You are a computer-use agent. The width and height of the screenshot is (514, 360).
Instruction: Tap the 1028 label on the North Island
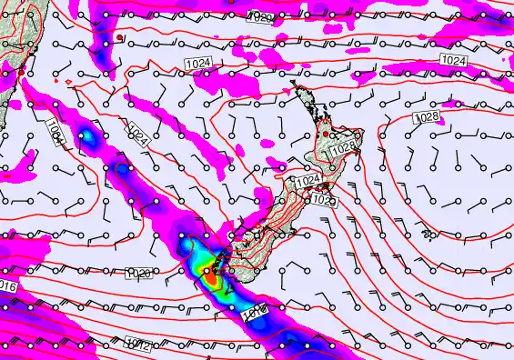[x=343, y=147]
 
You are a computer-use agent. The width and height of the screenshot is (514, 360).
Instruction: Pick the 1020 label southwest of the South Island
[x=137, y=273]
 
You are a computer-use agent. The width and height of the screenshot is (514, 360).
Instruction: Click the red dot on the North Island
[x=326, y=135]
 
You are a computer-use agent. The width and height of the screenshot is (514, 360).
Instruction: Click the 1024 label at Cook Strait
[x=307, y=181]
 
